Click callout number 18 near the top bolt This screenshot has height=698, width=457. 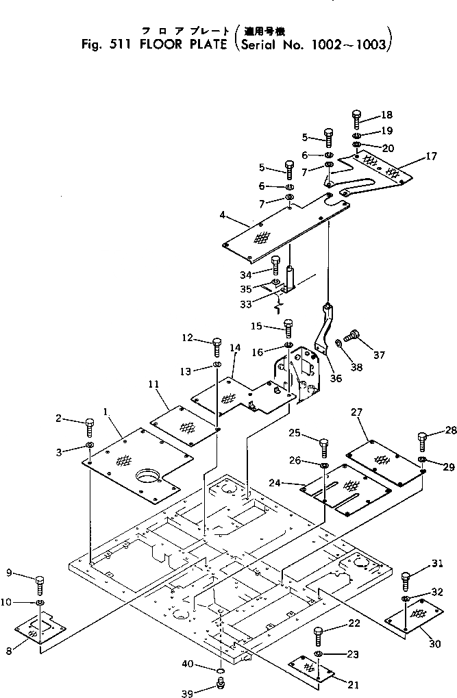pyautogui.click(x=388, y=114)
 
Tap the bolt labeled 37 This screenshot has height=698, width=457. pyautogui.click(x=354, y=336)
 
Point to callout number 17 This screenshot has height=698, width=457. pyautogui.click(x=430, y=157)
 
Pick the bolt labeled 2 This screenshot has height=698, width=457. pyautogui.click(x=90, y=427)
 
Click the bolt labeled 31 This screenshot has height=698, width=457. pyautogui.click(x=406, y=579)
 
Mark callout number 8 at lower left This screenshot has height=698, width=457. pyautogui.click(x=9, y=651)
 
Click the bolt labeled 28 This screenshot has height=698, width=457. pyautogui.click(x=421, y=438)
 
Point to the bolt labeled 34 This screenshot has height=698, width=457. pyautogui.click(x=276, y=264)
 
